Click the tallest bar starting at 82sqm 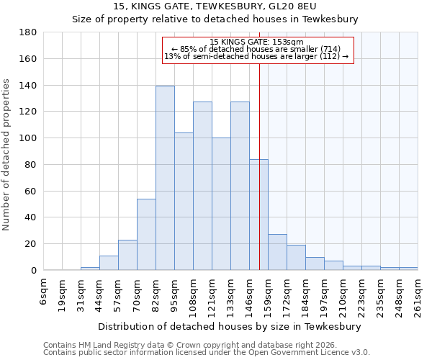coord(165,179)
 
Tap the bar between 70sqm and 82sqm coord(146,234)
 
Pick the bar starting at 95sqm coord(184,202)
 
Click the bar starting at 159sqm coord(277,252)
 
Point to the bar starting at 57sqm coord(127,255)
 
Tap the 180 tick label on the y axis coord(28,32)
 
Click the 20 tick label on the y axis coord(31,244)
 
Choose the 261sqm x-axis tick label coord(418,295)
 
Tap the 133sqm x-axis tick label coord(231,295)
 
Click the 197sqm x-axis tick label coord(325,295)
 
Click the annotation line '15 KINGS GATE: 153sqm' coord(256,42)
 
